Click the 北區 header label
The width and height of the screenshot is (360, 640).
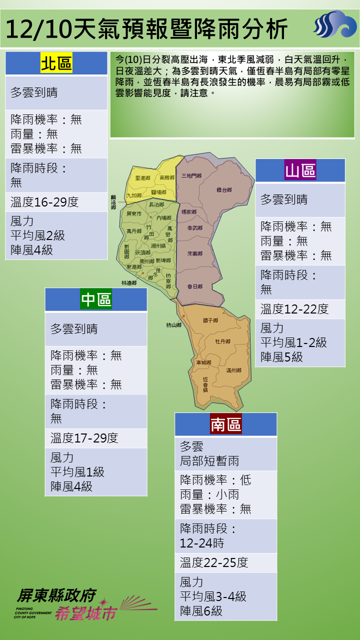56,63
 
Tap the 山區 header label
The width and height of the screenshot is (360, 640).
300,170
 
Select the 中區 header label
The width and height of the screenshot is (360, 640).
96,299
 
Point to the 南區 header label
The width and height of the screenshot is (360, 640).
225,424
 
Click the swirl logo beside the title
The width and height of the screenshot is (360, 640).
333,26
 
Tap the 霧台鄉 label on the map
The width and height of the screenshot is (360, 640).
224,190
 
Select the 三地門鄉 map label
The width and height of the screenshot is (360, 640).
191,176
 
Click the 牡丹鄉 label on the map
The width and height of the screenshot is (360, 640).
222,341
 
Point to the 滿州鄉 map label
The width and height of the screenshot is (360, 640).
233,370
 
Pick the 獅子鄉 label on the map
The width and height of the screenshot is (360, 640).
210,320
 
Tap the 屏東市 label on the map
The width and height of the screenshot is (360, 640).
134,214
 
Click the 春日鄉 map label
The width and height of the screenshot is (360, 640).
194,286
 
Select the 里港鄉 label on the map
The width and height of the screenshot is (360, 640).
143,178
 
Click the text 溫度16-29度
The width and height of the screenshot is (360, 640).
44,202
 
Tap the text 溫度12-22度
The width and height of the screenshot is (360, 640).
294,309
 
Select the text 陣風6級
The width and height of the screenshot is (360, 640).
201,611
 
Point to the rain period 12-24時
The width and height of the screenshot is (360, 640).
202,543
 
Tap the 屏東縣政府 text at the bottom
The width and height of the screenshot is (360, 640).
55,595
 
